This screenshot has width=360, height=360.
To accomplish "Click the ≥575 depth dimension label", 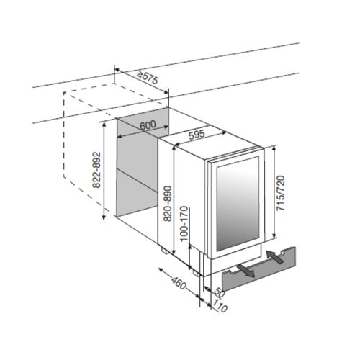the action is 148,77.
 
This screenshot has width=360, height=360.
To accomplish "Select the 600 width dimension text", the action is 148,125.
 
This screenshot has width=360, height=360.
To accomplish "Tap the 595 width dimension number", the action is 197,135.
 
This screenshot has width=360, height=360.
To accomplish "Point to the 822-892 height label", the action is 96,170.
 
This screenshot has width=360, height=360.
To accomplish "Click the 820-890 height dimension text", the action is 168,204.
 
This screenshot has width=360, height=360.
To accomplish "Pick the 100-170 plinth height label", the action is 184,224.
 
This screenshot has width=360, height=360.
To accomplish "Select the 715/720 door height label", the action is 281,194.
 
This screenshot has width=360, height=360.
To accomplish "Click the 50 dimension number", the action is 218,292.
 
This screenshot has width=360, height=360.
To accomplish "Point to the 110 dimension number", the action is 220,305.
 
